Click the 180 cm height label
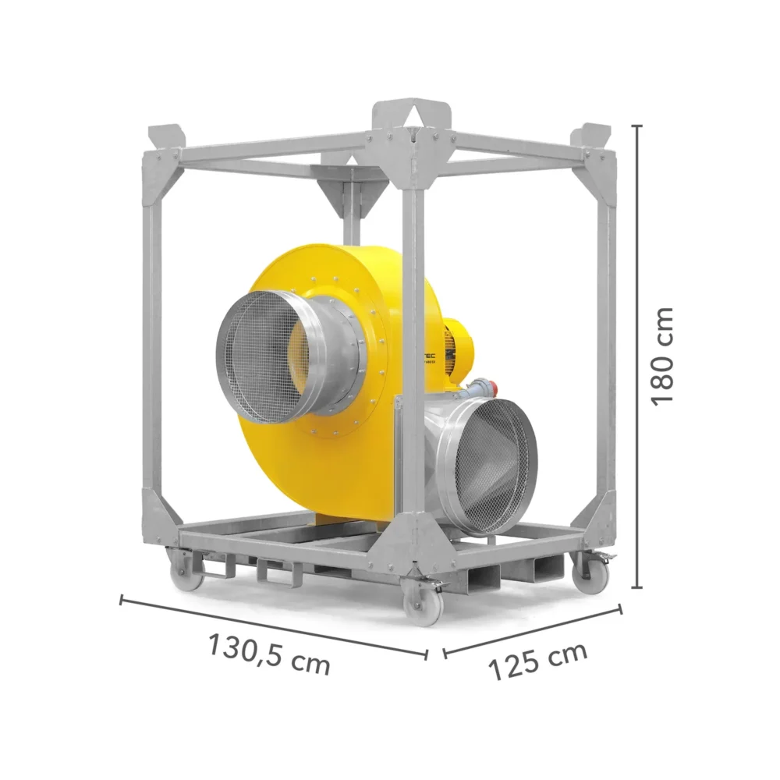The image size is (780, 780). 662,356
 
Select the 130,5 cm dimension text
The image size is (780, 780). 269,654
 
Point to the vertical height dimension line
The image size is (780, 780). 639,356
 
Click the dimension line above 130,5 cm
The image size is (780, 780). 273,628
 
